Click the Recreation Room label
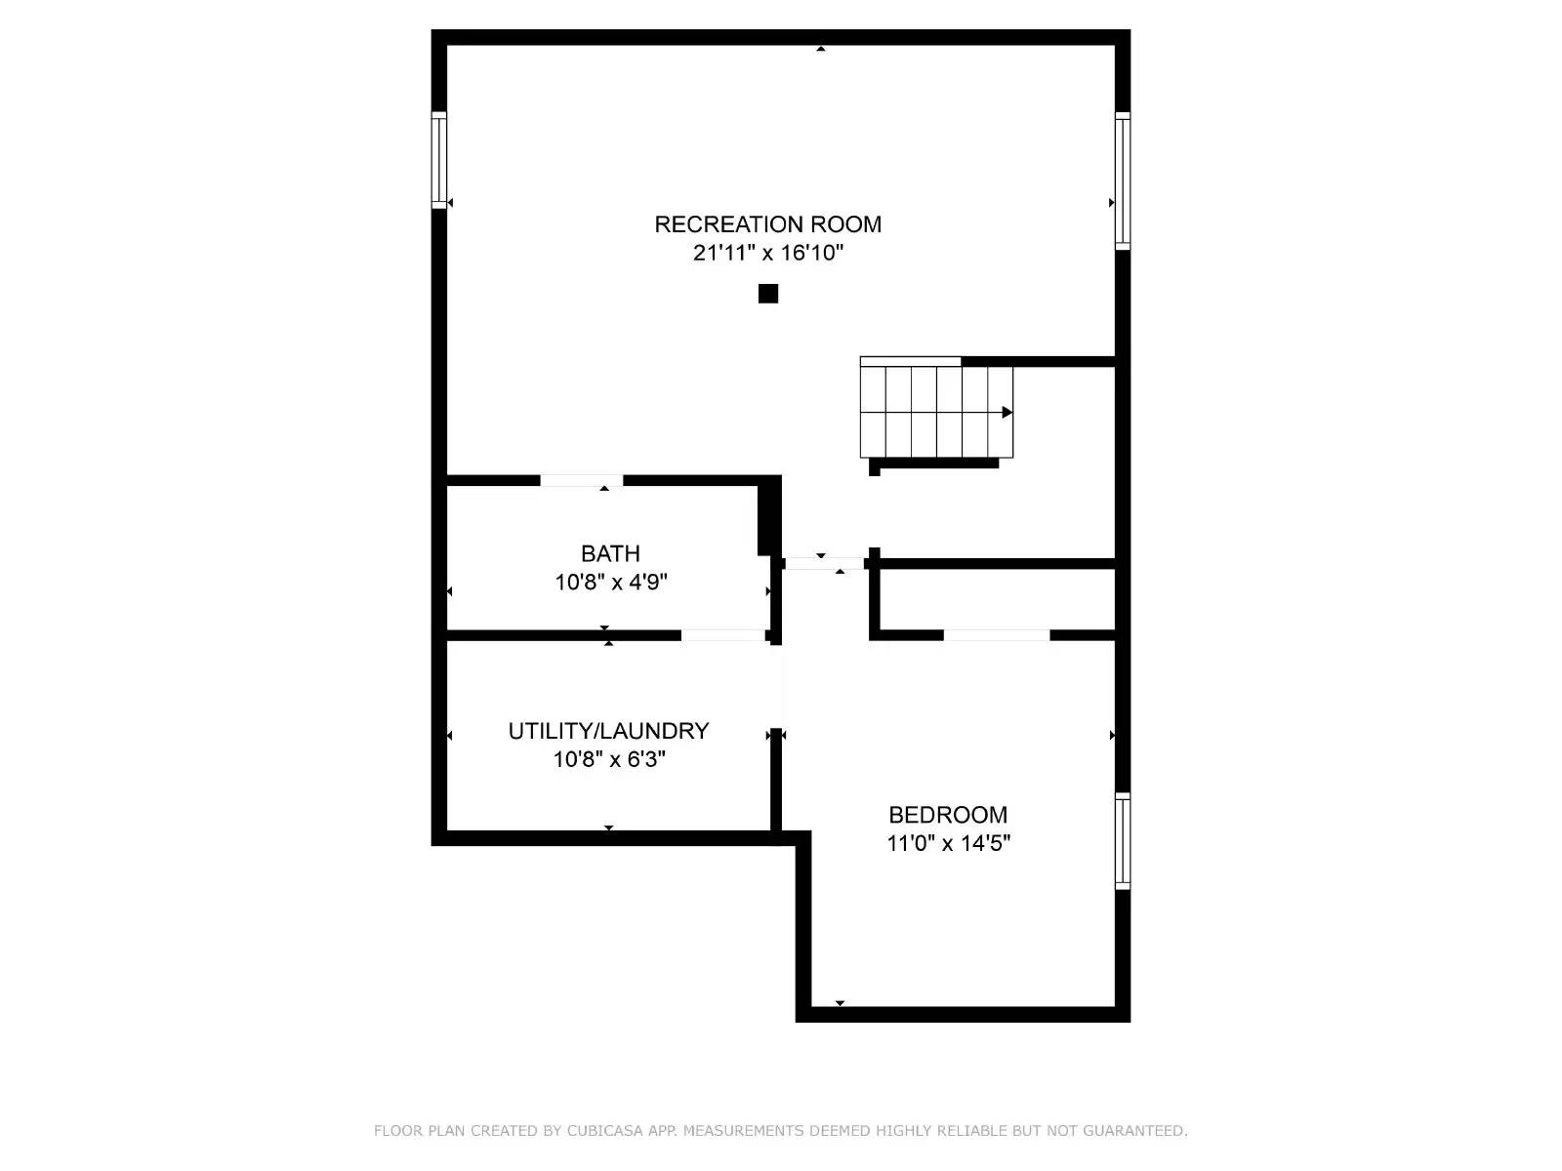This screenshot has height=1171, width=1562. tap(767, 224)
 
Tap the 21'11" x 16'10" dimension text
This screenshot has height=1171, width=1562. tap(767, 254)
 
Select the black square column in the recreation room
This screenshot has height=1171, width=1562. tap(768, 294)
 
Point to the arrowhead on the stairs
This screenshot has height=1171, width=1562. tap(1007, 413)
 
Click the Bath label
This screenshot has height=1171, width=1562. tap(610, 554)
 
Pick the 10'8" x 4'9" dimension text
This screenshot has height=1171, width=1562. tap(610, 583)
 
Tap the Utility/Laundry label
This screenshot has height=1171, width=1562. tap(608, 731)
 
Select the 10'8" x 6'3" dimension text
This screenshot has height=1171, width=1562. tap(608, 759)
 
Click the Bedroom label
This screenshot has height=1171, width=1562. tap(948, 815)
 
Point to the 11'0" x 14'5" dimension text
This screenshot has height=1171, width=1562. tap(948, 843)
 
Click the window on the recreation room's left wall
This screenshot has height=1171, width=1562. tap(439, 160)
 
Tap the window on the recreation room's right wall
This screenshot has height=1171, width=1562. tap(1123, 181)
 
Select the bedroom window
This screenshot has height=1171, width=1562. tap(1123, 841)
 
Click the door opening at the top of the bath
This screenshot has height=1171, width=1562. tap(581, 480)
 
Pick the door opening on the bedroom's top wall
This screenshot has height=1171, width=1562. tap(996, 635)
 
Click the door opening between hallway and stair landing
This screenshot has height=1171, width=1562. tap(824, 563)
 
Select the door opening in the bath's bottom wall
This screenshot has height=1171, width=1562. tap(723, 635)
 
